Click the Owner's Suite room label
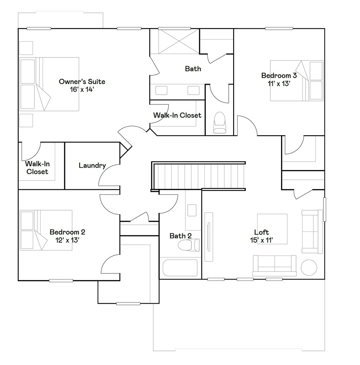[82, 81]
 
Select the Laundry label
[92, 166]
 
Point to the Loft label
[262, 232]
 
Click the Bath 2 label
[181, 236]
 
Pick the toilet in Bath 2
[189, 245]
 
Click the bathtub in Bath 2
[180, 268]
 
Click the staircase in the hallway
[199, 176]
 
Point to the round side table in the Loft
[309, 267]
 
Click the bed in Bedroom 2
[46, 230]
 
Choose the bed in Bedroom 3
[296, 80]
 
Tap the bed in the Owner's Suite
[49, 84]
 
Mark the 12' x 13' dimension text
[67, 240]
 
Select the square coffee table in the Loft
[272, 229]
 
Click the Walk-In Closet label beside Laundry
[37, 168]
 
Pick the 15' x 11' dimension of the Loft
[262, 240]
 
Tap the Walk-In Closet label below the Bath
[177, 115]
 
